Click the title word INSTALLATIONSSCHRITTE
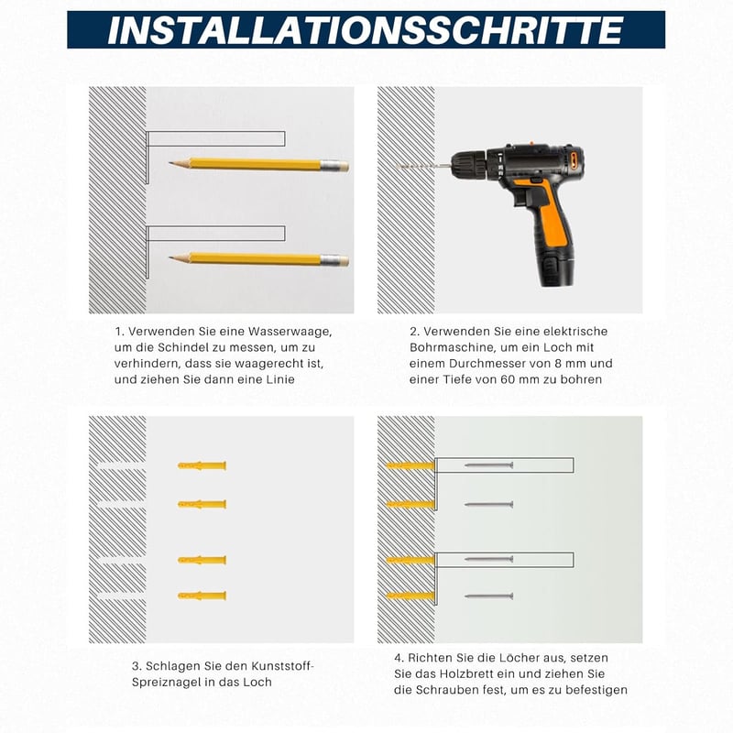pos(365,30)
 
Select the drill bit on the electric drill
pos(423,166)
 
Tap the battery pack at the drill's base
pos(557,268)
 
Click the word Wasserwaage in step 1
pos(290,332)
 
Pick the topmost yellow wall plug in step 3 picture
pos(202,465)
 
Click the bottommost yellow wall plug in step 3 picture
pos(202,596)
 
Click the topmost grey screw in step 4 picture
pos(489,465)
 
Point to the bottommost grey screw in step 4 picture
pos(489,596)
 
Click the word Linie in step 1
pos(280,379)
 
